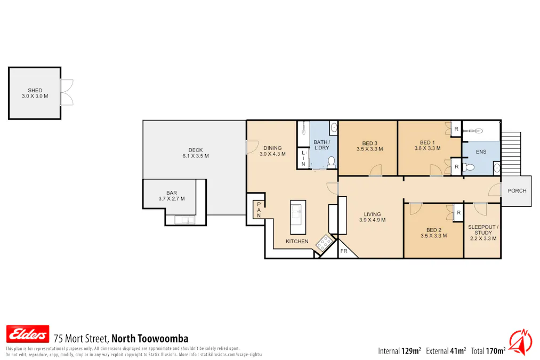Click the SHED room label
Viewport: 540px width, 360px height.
(x=35, y=93)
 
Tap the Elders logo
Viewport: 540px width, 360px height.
(x=27, y=334)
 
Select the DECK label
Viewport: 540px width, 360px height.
(x=195, y=153)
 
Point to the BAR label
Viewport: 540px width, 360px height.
(x=171, y=196)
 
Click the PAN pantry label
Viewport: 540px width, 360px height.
(x=259, y=210)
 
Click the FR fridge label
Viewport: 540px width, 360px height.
(x=344, y=251)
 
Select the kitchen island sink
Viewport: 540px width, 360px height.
(x=298, y=218)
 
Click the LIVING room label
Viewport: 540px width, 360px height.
(x=372, y=217)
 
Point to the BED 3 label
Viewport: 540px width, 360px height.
(x=369, y=146)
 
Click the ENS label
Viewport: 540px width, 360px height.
(x=481, y=152)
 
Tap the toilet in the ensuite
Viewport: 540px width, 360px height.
(x=469, y=168)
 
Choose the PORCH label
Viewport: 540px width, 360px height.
(x=517, y=191)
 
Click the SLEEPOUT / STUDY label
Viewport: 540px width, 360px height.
(x=482, y=233)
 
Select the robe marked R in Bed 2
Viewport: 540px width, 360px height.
(x=458, y=213)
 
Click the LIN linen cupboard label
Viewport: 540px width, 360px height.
(x=303, y=158)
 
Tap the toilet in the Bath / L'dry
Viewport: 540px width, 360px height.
(x=331, y=161)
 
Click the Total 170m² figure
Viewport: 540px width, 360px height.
(x=488, y=350)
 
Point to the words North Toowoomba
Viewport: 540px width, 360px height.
(x=150, y=338)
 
